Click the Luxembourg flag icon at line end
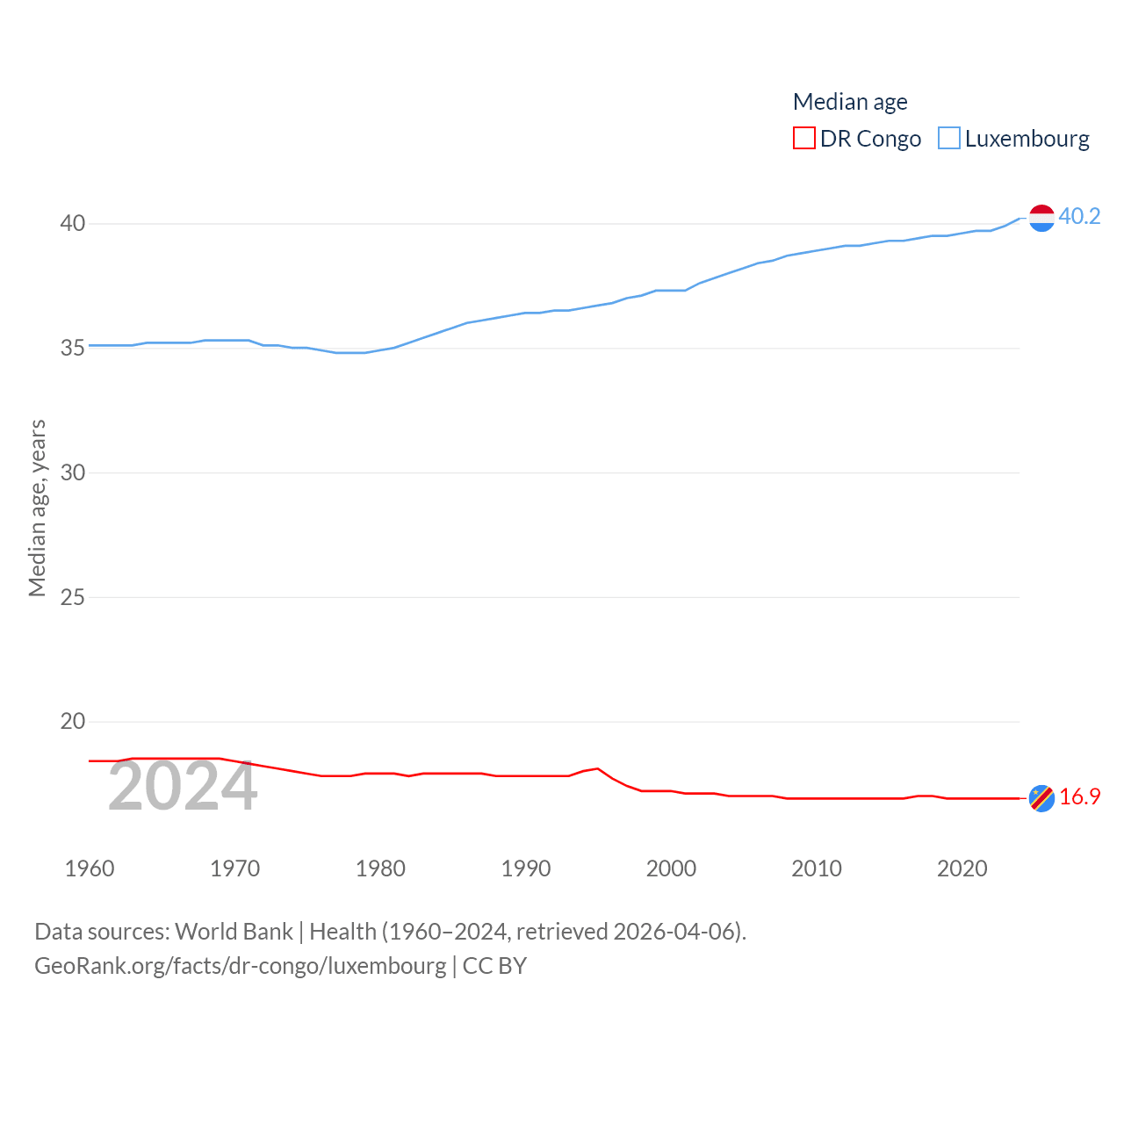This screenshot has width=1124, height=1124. coord(1041,217)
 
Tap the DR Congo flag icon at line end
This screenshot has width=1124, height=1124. coord(1041,798)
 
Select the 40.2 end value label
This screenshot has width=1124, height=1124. coord(1079,216)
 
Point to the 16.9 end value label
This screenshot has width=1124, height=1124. coord(1079,796)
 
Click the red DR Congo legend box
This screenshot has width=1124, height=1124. coord(803,139)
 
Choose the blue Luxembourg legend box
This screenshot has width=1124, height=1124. coord(949,139)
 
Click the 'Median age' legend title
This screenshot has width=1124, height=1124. coord(850,102)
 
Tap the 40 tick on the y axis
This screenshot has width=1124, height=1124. coord(73,224)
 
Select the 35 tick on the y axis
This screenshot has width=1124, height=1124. coord(73,349)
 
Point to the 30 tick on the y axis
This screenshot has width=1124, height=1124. coord(73,472)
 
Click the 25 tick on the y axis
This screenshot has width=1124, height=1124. coord(73,597)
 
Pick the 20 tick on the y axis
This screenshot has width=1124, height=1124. coord(73,722)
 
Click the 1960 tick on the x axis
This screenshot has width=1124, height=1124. coord(90,868)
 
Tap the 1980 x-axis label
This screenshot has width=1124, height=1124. coord(380,868)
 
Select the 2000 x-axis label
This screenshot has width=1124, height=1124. coord(671,868)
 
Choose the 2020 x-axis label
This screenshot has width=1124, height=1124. coord(962,868)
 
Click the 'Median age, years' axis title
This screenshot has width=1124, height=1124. coord(37,508)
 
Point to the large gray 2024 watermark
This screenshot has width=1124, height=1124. coord(183,787)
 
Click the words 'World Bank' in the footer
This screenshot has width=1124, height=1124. coord(234,932)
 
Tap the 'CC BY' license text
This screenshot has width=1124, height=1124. coord(494,966)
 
